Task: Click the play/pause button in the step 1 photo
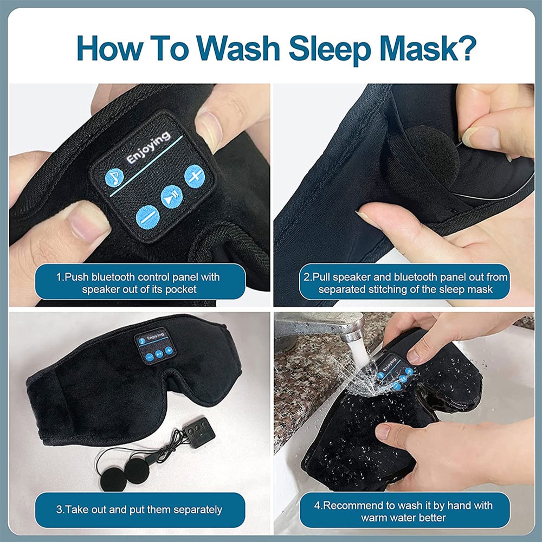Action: [x=171, y=196]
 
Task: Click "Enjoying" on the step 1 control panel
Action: [x=147, y=147]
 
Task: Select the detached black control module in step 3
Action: [x=198, y=433]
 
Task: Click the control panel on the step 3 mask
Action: [x=153, y=345]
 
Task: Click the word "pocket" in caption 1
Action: [x=180, y=289]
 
